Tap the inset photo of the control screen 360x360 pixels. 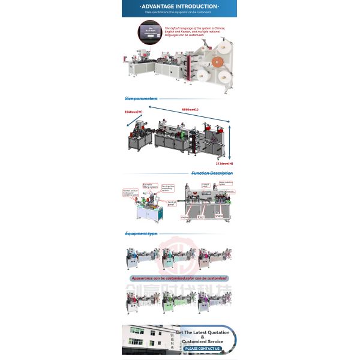coord(149,32)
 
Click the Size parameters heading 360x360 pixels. coord(141,98)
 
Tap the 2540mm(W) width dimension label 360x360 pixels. coord(133,112)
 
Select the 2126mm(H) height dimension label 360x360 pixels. coord(226,163)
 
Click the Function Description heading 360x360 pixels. coord(212,173)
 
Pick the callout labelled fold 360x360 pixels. coord(200,217)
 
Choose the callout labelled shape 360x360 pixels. coord(218,217)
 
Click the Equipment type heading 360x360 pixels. coord(141,233)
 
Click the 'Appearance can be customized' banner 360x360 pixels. coord(179,278)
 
